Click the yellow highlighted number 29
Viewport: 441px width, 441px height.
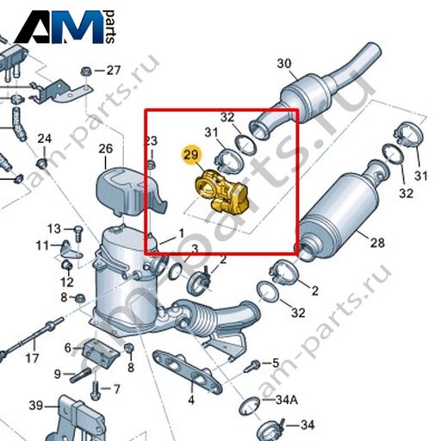tap(191, 155)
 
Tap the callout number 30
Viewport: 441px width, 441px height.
tap(284, 64)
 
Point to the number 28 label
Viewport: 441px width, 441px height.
tap(377, 243)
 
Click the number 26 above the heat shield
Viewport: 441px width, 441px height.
tap(106, 149)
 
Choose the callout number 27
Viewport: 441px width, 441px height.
tap(114, 70)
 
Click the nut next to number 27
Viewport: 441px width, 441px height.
tap(85, 71)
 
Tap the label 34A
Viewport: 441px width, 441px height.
tap(287, 400)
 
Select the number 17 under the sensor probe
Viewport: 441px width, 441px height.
tap(32, 358)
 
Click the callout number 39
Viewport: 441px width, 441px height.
tap(36, 406)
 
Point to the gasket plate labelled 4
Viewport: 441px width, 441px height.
tap(187, 371)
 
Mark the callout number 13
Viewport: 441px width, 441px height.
tap(54, 229)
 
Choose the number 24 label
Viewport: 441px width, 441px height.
tap(45, 139)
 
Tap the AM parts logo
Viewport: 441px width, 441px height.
tap(65, 27)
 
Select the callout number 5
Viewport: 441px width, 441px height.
tap(276, 363)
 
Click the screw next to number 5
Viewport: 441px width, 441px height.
tap(252, 366)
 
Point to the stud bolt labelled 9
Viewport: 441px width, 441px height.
tap(81, 376)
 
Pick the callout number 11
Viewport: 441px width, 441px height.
tap(42, 245)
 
